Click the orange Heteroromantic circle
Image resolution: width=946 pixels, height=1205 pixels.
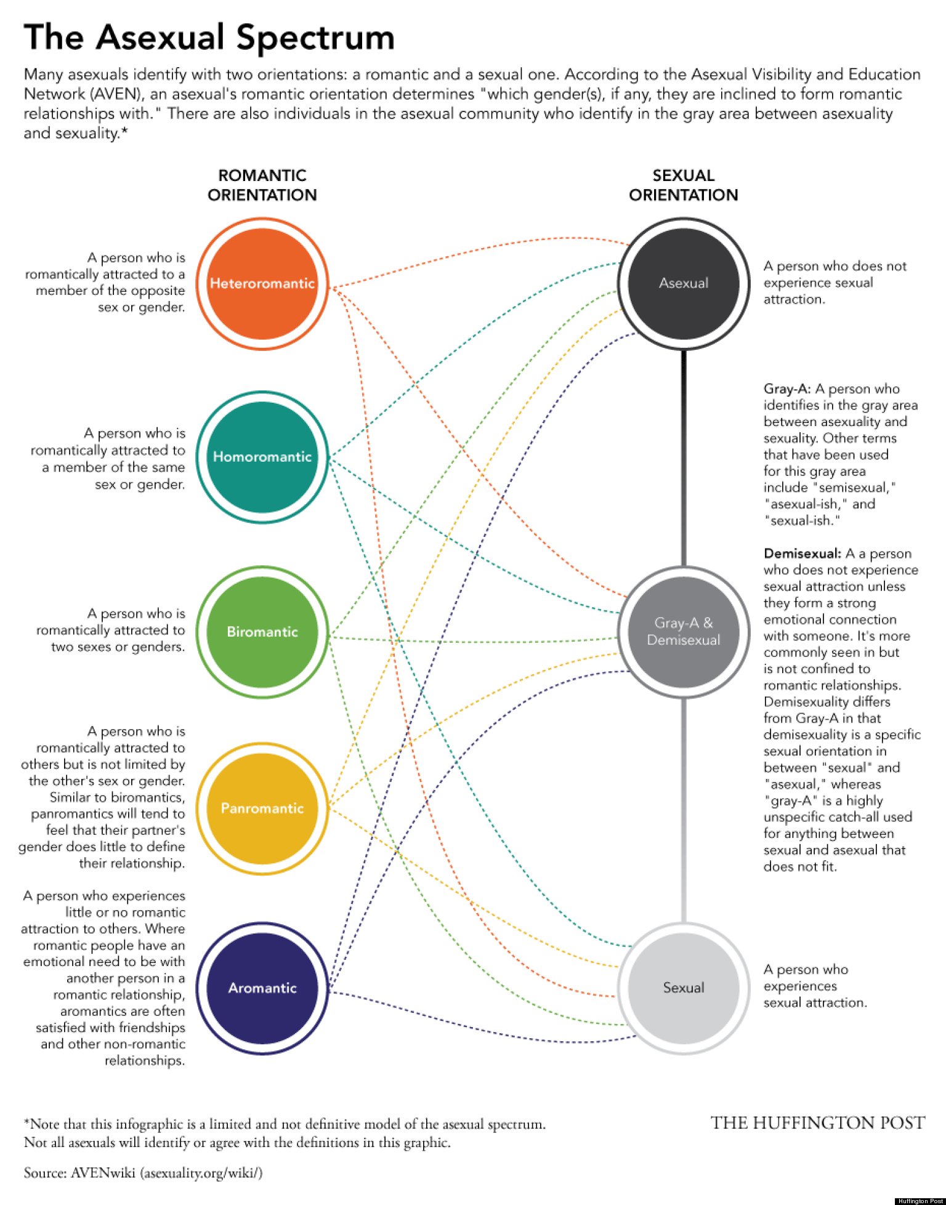tap(262, 283)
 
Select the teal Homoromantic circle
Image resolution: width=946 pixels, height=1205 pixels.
tap(262, 457)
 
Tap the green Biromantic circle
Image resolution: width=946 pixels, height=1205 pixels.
tap(262, 632)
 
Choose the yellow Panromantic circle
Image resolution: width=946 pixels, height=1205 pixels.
tap(262, 808)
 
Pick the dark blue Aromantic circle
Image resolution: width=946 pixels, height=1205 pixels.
tap(262, 988)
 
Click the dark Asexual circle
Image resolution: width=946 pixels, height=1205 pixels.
tap(683, 283)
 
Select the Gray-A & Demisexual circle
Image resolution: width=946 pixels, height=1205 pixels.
tap(683, 632)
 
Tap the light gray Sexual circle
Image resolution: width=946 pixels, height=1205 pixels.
tap(683, 988)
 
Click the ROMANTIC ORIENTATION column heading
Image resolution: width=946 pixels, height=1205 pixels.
tap(262, 185)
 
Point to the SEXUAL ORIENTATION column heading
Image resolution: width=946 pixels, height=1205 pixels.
tap(683, 185)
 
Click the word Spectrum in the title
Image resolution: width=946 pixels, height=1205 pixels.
tap(315, 38)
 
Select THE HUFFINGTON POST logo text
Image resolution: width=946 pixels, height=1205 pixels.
tap(817, 1123)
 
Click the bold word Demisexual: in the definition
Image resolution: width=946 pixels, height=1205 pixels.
tap(802, 554)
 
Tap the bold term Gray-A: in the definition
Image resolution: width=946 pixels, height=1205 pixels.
tap(786, 389)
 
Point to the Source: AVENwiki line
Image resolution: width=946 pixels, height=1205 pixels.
tap(143, 1172)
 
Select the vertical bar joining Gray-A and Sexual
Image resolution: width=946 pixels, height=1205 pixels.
tap(683, 810)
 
